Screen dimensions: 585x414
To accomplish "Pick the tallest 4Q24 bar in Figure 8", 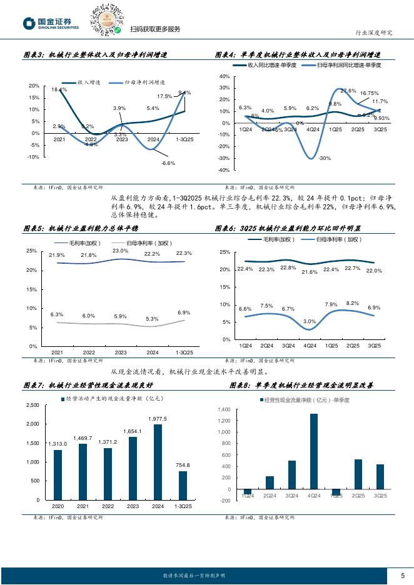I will tap(313, 451).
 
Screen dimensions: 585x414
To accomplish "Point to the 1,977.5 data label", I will tap(158, 419).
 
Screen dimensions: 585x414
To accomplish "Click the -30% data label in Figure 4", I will tap(324, 158).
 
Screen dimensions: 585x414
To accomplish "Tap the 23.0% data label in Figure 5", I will tap(120, 251).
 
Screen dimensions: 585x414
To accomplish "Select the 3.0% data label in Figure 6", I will tap(309, 321).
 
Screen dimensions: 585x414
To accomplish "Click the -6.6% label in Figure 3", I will tap(168, 162).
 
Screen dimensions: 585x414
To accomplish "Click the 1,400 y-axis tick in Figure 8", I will tap(224, 409).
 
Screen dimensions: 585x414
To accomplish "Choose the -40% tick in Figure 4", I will tap(223, 170).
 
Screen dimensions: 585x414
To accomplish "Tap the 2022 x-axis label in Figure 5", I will tap(88, 353).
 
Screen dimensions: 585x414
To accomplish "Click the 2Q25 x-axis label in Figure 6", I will tap(353, 346).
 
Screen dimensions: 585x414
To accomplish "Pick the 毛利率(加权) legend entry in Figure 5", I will tap(81, 240).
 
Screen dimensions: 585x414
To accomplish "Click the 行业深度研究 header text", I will tap(374, 33).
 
